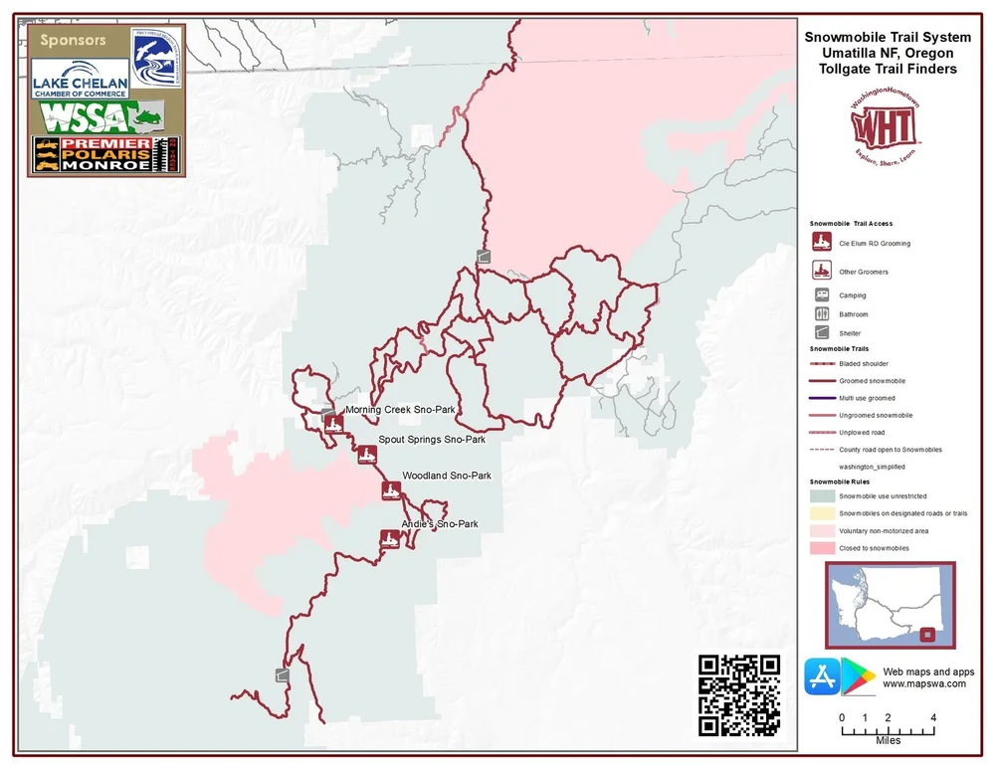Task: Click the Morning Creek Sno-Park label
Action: point(400,410)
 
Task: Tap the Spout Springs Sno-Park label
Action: point(432,440)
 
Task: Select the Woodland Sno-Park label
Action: point(447,477)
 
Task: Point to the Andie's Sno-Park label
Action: point(440,524)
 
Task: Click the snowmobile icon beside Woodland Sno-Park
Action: point(391,489)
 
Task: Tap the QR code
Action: point(739,695)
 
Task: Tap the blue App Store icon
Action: point(821,677)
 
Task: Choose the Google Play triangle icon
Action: point(857,677)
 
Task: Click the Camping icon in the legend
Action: point(822,295)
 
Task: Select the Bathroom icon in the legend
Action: point(822,314)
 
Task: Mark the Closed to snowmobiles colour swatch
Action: point(822,549)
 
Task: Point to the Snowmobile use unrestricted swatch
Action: point(822,495)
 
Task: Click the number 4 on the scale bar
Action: point(932,717)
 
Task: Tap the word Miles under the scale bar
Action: point(888,741)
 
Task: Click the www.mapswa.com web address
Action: point(924,684)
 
